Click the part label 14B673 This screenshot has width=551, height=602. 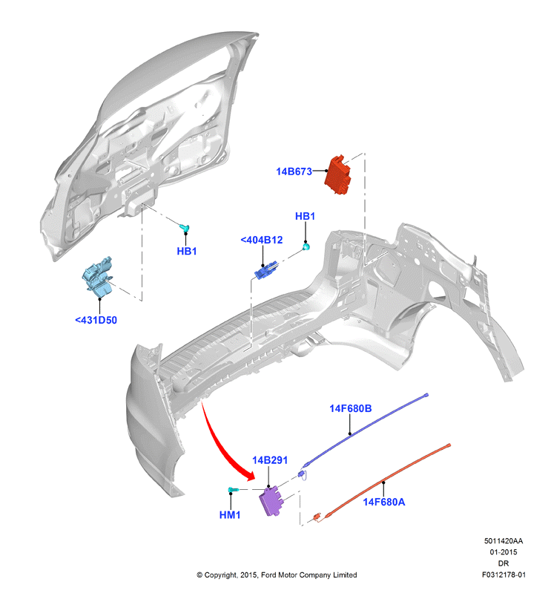(294, 171)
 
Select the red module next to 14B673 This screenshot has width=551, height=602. (338, 174)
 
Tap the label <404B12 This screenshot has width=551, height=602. (262, 240)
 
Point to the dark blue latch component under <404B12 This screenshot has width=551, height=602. (265, 269)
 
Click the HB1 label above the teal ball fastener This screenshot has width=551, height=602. (306, 216)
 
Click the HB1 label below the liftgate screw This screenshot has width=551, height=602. (187, 251)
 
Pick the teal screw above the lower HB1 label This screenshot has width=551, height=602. (185, 228)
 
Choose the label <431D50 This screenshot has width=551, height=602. (96, 320)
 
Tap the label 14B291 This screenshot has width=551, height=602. (270, 460)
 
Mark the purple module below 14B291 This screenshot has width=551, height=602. (272, 500)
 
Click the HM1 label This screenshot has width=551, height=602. (230, 515)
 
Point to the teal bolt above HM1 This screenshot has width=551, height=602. (233, 489)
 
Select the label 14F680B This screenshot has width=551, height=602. (351, 408)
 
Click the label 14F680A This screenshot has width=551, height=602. (384, 502)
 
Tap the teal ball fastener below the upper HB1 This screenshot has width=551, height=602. (306, 246)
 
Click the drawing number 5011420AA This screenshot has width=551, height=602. (504, 541)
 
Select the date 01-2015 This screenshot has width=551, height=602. (504, 552)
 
